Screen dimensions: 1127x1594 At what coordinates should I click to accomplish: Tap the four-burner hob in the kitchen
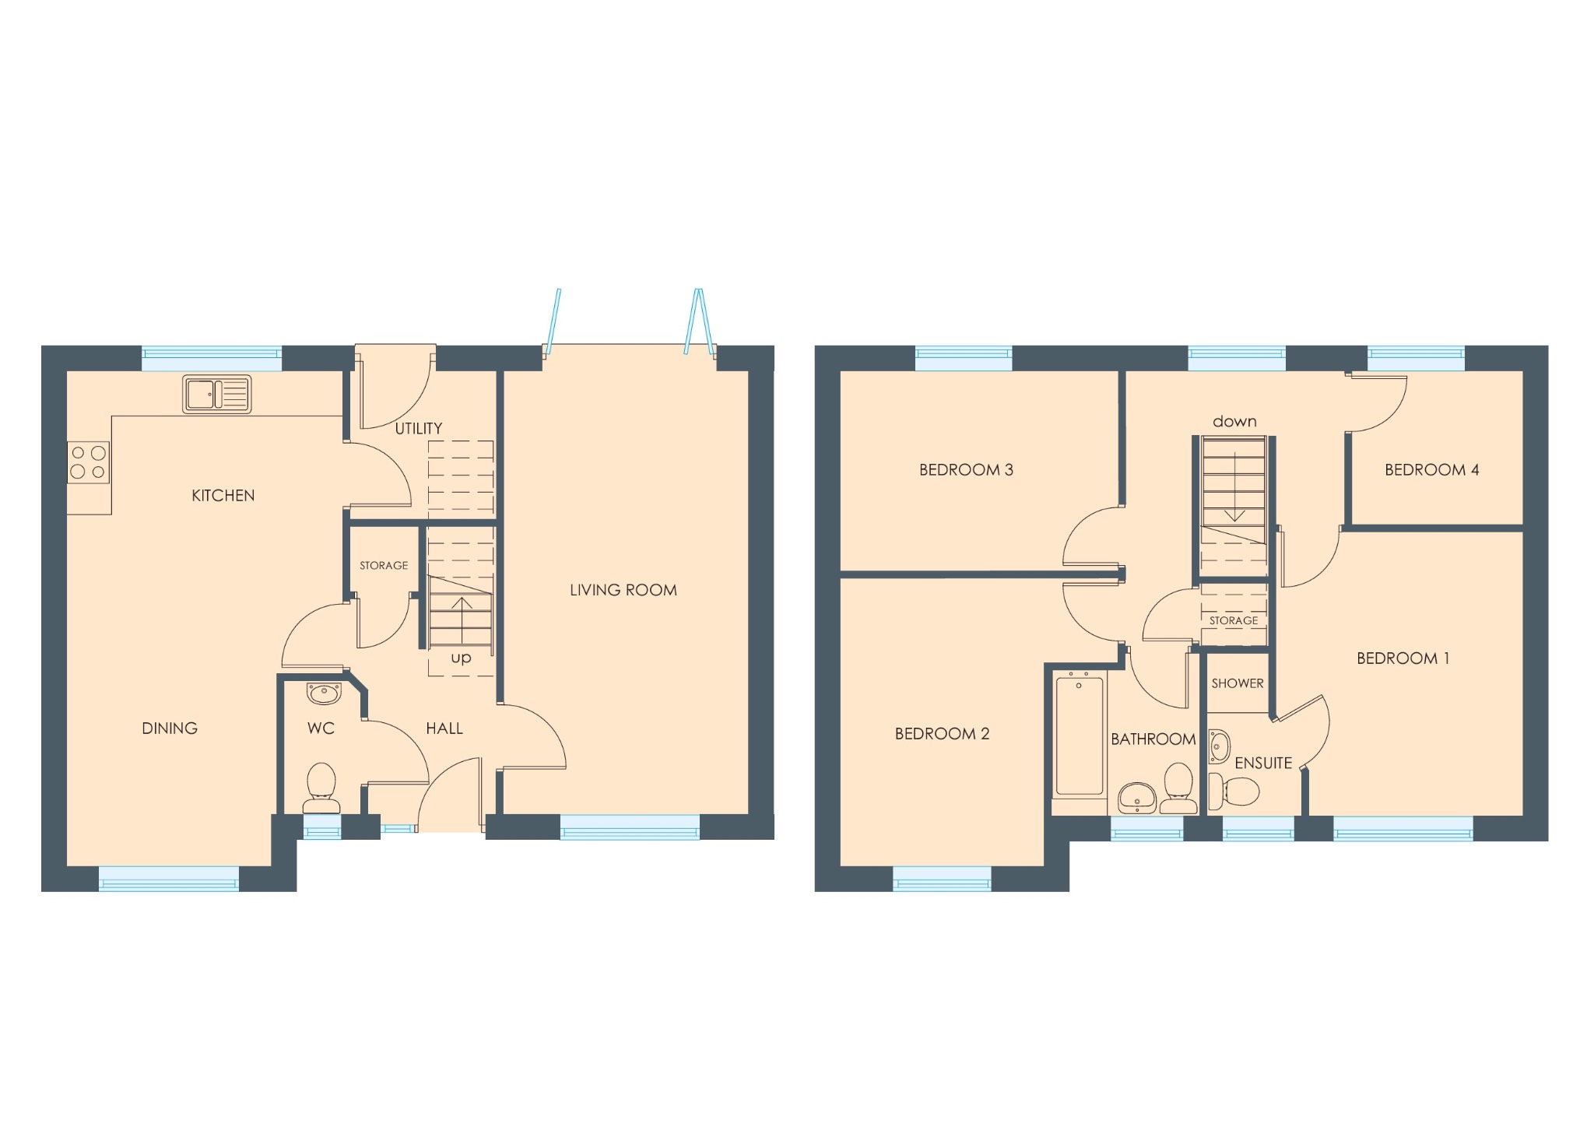[88, 462]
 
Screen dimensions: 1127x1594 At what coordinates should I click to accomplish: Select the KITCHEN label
[223, 496]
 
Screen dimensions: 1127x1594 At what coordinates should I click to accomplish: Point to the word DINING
[170, 729]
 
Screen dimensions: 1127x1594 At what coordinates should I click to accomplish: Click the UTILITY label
[419, 429]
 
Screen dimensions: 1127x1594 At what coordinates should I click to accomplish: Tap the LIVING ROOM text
[623, 590]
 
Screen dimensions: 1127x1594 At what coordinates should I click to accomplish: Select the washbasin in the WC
[324, 692]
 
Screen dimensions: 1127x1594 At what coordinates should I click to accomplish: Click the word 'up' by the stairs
[461, 658]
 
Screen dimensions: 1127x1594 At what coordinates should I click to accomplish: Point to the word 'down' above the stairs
[1234, 422]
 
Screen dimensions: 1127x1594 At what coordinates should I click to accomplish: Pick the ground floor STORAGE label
[384, 566]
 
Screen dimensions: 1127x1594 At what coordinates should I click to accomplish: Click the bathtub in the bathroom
[1080, 736]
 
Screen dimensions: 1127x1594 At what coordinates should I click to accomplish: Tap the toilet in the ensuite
[1238, 792]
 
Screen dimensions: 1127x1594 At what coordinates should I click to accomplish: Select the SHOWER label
[1238, 683]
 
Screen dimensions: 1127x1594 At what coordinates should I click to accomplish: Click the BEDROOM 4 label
[1432, 470]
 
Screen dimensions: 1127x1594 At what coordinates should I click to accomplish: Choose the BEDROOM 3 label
[966, 470]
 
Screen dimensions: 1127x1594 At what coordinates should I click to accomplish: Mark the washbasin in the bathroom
[1137, 798]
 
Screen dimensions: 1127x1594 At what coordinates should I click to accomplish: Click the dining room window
[169, 879]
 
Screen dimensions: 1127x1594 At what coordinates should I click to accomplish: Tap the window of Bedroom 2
[942, 879]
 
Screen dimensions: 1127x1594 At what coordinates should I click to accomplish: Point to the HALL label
[444, 729]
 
